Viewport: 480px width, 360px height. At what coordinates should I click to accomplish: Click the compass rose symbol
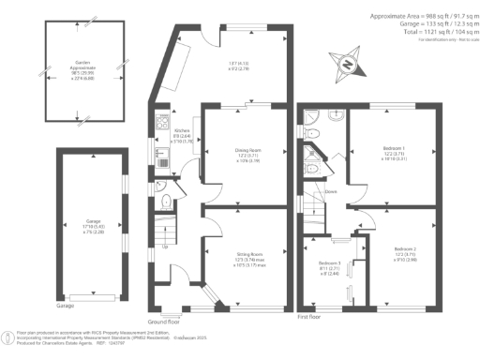348,66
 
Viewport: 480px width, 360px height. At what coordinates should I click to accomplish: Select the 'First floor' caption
309,317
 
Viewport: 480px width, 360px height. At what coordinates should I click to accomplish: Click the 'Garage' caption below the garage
66,307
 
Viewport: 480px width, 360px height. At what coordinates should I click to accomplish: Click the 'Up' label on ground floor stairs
166,247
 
